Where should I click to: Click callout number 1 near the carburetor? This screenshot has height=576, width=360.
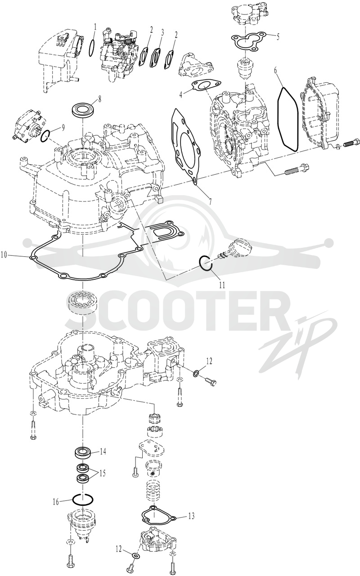point(95,27)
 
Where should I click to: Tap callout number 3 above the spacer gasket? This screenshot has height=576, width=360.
point(162,33)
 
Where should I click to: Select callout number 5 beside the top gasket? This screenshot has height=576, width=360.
point(278,36)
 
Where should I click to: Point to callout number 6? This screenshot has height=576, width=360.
point(275,71)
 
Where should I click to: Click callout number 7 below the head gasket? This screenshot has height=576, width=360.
point(210,201)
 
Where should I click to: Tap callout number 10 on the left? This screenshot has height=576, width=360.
point(4,255)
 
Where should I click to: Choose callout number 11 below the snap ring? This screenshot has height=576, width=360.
point(222,285)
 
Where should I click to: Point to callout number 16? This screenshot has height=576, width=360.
point(56,495)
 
